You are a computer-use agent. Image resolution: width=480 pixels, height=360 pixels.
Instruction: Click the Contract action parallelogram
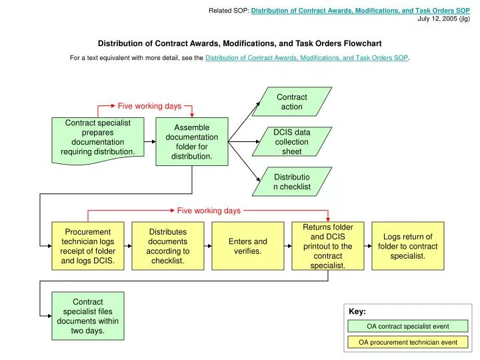(x=291, y=101)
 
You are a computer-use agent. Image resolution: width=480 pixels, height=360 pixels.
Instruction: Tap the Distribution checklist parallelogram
(x=291, y=181)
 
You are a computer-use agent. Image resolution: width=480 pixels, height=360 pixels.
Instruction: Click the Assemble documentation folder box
(x=192, y=141)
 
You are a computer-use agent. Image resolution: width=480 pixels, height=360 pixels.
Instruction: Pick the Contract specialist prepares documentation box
(x=98, y=137)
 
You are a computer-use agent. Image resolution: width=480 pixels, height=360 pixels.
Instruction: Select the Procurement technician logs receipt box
(x=88, y=246)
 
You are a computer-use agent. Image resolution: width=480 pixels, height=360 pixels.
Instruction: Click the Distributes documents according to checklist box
(x=168, y=246)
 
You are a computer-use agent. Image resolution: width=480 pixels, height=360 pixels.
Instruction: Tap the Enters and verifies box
(x=248, y=246)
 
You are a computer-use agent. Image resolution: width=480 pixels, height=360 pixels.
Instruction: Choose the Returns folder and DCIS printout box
(x=328, y=246)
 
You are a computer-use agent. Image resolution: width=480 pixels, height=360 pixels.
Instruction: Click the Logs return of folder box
(x=408, y=246)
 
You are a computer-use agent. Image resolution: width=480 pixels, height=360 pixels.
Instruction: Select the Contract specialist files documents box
(x=88, y=316)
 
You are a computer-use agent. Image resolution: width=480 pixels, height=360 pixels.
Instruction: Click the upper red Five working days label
(x=149, y=106)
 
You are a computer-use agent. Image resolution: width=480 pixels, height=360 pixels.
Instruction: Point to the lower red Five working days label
(x=209, y=211)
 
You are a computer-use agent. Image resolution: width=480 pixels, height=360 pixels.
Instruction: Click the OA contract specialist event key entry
(x=408, y=326)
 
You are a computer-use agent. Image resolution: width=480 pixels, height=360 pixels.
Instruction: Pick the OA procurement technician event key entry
(x=408, y=342)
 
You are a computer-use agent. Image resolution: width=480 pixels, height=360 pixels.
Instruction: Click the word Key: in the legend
(x=357, y=311)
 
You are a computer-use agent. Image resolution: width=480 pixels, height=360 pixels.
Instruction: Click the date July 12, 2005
(x=443, y=19)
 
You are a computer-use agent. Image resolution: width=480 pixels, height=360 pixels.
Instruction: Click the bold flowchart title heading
(x=240, y=43)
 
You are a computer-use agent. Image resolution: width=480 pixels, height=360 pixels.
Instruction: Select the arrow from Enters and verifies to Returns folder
(x=288, y=246)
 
